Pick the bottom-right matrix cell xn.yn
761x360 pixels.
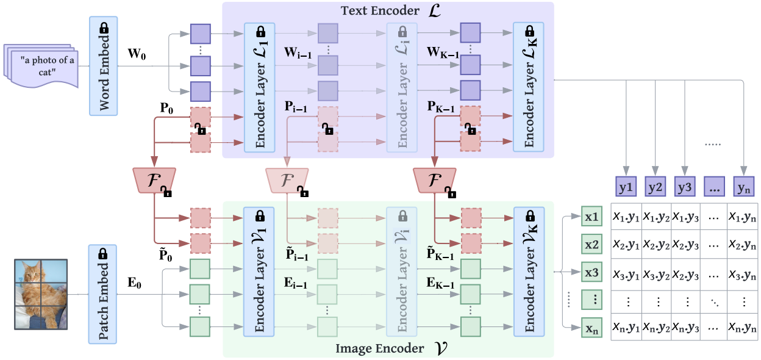point(744,329)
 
